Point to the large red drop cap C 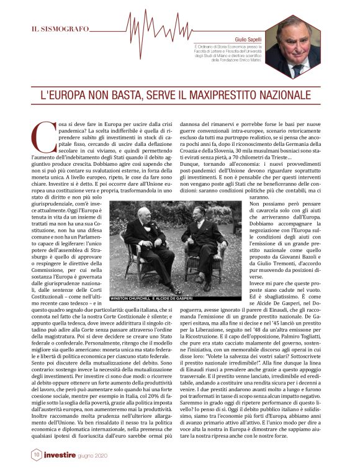click(40, 138)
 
